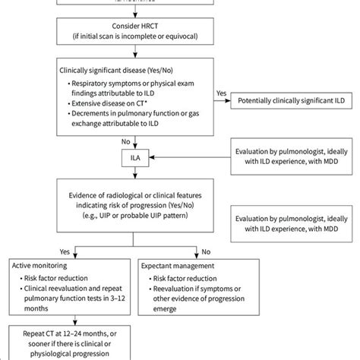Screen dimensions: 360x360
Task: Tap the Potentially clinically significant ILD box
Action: pos(289,100)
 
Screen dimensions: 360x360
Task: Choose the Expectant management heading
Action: pos(178,266)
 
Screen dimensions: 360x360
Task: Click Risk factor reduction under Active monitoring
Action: pos(58,279)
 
